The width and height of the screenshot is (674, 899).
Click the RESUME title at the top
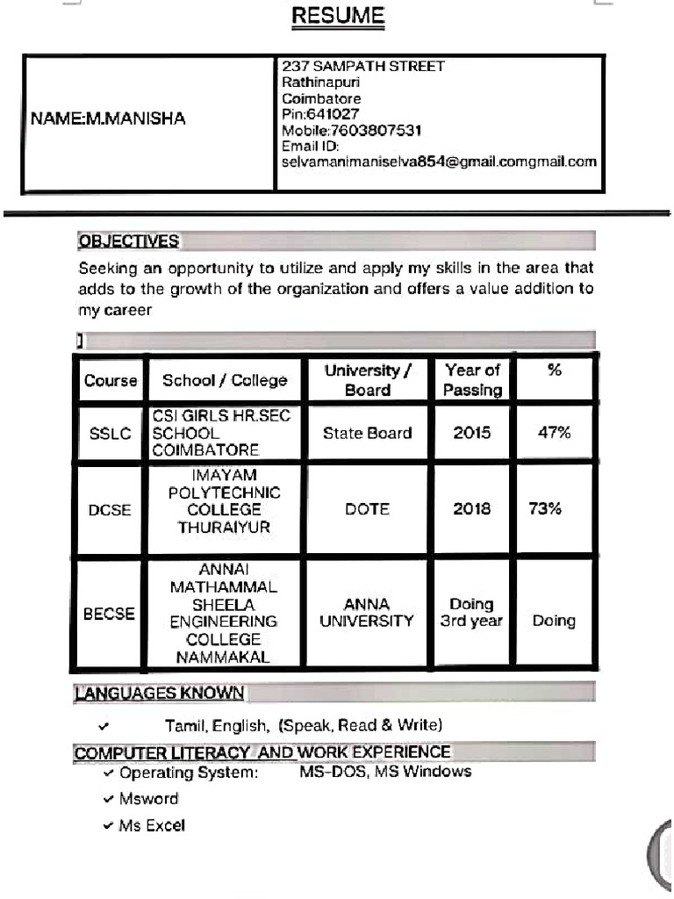338,16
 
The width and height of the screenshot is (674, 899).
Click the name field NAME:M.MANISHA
108,119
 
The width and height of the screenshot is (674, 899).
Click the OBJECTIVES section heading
128,241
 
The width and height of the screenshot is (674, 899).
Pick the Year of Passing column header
471,380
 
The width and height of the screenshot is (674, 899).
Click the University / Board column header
367,380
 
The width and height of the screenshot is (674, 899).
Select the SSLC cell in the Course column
111,434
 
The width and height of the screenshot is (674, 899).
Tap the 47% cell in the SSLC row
554,433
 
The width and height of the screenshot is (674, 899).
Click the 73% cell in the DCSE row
545,509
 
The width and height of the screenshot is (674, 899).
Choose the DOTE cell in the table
367,509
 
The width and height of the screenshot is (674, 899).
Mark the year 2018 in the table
471,509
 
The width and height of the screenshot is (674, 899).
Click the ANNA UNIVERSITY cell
367,613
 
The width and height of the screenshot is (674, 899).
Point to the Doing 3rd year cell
471,613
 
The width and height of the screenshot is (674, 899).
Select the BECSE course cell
110,614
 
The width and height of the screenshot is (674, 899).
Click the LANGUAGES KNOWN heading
160,694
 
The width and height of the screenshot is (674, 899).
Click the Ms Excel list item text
152,826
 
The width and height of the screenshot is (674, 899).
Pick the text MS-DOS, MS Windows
379,772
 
